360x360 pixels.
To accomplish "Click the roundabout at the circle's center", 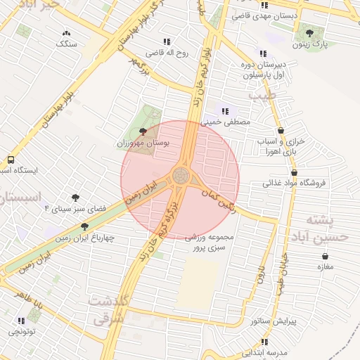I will [x=180, y=176].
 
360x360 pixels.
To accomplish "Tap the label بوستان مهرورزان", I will [x=144, y=143].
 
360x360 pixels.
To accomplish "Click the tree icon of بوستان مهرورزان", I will [x=144, y=131].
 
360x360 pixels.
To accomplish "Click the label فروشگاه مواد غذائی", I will [x=295, y=184].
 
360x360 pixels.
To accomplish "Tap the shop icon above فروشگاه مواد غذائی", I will [x=294, y=172].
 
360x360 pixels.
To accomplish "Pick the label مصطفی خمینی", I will [x=226, y=122].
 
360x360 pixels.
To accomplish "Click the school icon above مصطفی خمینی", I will [x=226, y=110].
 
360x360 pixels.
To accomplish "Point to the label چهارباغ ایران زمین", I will [x=84, y=238].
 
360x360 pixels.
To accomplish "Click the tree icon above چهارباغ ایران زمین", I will [x=84, y=226].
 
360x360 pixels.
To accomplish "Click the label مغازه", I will [x=325, y=266].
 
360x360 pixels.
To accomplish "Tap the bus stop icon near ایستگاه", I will [x=11, y=160].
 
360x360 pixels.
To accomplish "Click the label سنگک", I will [x=67, y=44].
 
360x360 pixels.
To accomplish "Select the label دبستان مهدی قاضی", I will [x=305, y=15].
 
